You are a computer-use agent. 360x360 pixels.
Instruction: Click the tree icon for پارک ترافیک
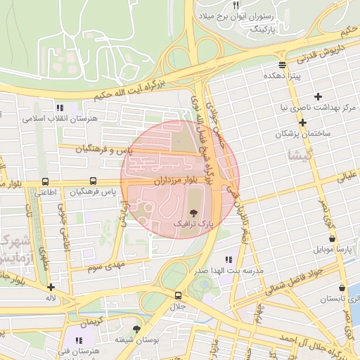(193, 211)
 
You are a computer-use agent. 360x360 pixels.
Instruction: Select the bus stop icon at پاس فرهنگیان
(93, 181)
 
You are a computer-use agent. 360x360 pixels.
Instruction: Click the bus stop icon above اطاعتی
(46, 181)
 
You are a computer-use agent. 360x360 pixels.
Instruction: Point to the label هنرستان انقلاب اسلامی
(59, 119)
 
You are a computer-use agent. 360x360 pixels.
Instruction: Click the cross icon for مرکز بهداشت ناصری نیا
(319, 96)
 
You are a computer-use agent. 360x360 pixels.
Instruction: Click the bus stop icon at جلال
(178, 295)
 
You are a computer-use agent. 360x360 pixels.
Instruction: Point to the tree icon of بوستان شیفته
(136, 328)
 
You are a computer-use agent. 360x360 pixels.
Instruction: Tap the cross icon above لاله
(51, 287)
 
